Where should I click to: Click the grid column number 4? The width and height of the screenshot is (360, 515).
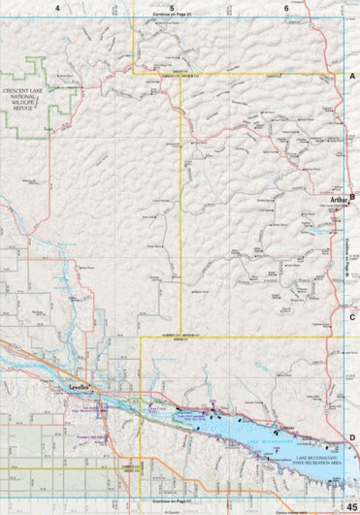tap(57, 8)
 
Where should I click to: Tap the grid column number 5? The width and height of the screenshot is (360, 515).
tap(172, 8)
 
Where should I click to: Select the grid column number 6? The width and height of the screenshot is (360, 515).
tap(286, 8)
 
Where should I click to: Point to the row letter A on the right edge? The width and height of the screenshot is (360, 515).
tap(352, 76)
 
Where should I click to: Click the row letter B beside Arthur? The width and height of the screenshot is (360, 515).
tap(352, 197)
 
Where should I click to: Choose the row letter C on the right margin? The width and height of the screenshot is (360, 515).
tap(352, 316)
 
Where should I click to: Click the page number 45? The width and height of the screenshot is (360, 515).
tap(350, 507)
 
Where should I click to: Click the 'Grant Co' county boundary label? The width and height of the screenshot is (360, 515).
tap(178, 69)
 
